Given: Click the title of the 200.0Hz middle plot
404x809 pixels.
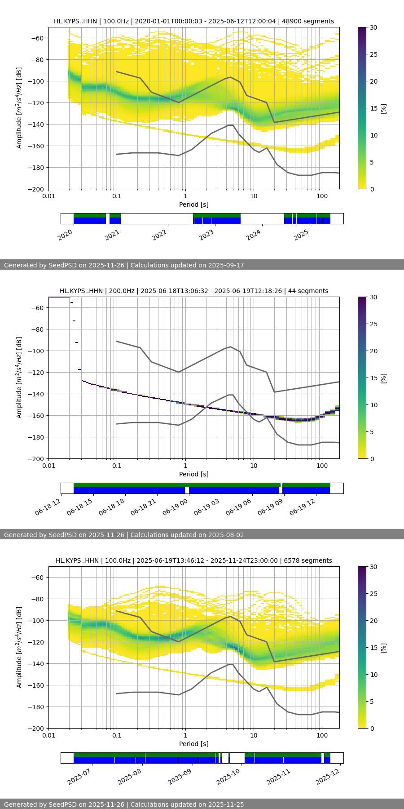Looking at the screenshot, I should pyautogui.click(x=194, y=291).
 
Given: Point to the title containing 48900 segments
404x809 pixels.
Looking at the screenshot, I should pyautogui.click(x=194, y=21).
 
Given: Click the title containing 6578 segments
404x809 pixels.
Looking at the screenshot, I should pyautogui.click(x=194, y=560).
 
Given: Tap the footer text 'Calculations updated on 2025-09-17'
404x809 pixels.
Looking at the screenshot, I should pyautogui.click(x=187, y=265).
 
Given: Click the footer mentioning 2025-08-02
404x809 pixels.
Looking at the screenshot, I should pyautogui.click(x=187, y=535).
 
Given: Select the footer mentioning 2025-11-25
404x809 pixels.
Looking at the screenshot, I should pyautogui.click(x=187, y=805).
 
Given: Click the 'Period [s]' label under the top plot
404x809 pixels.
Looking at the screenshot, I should pyautogui.click(x=194, y=204).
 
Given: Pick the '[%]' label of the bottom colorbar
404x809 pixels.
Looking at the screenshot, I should pyautogui.click(x=383, y=648).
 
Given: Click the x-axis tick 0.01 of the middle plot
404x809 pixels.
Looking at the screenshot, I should pyautogui.click(x=49, y=465).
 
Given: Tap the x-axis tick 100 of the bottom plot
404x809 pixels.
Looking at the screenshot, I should pyautogui.click(x=322, y=735).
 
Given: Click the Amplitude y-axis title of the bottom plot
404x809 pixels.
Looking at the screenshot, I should pyautogui.click(x=19, y=647).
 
